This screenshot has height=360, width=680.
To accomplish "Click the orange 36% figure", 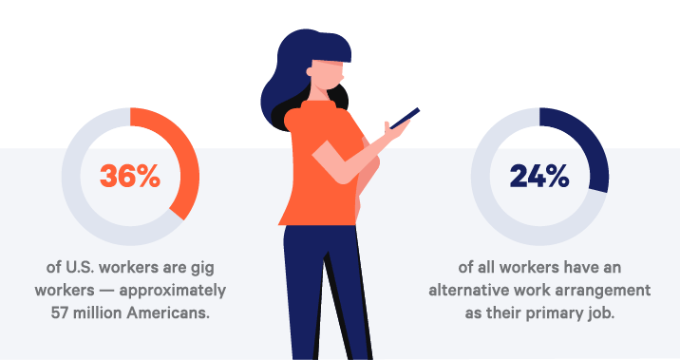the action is click(x=130, y=176).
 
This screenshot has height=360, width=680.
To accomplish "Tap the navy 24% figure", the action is click(x=539, y=176).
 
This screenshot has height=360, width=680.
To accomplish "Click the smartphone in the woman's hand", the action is click(x=405, y=119).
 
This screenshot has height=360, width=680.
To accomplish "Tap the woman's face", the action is click(x=328, y=75).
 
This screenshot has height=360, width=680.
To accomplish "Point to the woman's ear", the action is click(x=310, y=71).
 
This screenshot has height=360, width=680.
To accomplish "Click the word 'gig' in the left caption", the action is click(x=202, y=268).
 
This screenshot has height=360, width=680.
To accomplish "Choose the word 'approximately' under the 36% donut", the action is click(x=173, y=291).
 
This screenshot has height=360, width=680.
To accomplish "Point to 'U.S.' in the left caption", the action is click(x=80, y=267).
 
